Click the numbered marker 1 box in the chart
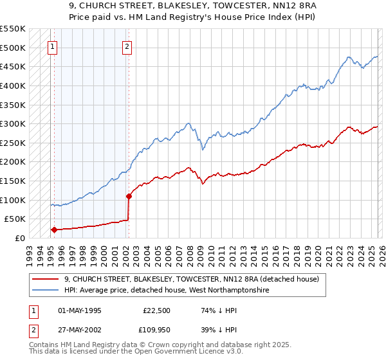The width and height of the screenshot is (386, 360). coord(51,46)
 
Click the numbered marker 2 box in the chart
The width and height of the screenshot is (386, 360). coord(127,46)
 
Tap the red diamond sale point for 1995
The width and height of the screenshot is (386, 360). coord(54,230)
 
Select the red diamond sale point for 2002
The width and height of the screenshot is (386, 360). coord(129,196)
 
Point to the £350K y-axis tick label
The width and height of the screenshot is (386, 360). coord(13,105)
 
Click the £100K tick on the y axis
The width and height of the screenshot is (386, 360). coord(13,200)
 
